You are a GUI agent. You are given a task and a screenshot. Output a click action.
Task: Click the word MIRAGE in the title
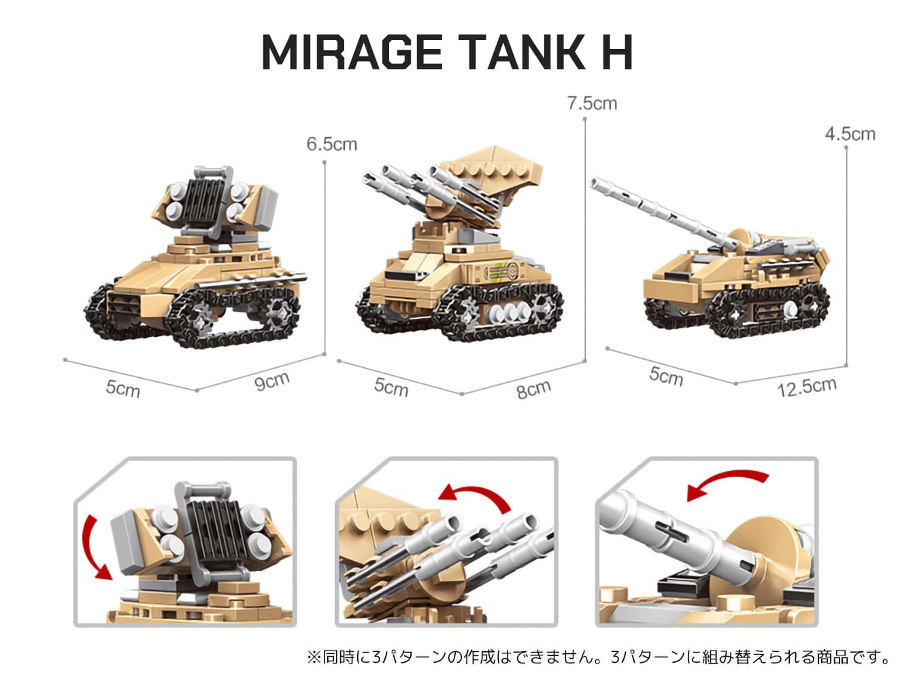(352, 52)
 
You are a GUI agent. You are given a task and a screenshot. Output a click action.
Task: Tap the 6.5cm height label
(332, 144)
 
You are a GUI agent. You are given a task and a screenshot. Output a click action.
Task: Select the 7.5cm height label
(592, 103)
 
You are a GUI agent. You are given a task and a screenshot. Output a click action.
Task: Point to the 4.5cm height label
(850, 134)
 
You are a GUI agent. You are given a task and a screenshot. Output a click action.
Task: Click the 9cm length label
(272, 381)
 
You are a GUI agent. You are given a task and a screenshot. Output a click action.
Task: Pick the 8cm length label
(533, 389)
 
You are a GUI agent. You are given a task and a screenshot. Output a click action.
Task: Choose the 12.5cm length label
(807, 387)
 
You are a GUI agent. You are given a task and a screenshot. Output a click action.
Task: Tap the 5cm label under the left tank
(122, 388)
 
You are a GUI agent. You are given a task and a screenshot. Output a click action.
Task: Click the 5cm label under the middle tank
(391, 387)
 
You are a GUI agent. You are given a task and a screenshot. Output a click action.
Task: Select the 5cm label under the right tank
(666, 376)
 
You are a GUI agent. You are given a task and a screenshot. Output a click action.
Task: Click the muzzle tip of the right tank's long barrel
(594, 183)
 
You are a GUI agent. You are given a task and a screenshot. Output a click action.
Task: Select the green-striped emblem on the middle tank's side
(500, 271)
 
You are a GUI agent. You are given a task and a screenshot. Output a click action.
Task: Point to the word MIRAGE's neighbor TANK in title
(522, 52)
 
